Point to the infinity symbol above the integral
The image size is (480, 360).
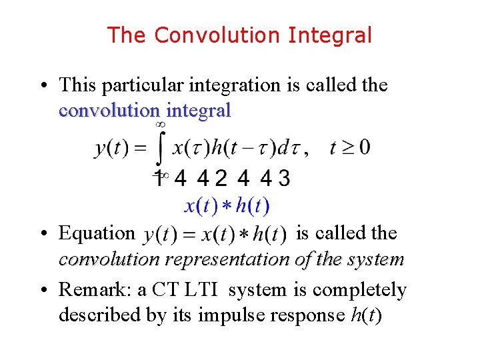(160, 124)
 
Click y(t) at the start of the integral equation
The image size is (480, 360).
(111, 148)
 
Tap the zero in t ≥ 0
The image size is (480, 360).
(364, 147)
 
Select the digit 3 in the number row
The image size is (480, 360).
(284, 179)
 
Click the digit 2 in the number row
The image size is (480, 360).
(221, 179)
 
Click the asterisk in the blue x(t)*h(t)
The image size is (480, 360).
(226, 207)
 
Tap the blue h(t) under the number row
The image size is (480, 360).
(251, 207)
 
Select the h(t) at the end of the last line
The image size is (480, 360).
(365, 315)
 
